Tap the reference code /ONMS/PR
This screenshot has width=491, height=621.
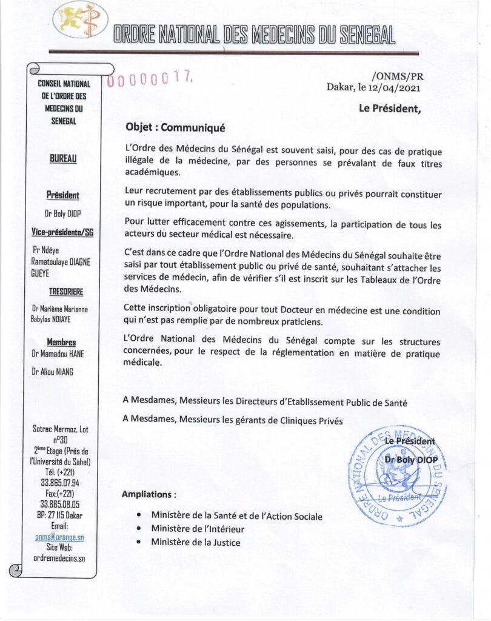(x=397, y=76)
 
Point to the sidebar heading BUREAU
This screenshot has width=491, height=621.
(x=62, y=159)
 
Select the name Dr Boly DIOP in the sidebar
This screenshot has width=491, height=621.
(x=63, y=213)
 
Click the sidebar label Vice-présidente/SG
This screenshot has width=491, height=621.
(x=62, y=232)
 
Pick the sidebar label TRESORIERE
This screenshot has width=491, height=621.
(x=63, y=290)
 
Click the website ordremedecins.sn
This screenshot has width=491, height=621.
(x=59, y=557)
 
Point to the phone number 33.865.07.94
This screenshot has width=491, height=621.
(x=59, y=483)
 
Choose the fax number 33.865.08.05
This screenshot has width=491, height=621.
(x=59, y=504)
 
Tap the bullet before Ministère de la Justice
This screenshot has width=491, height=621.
(x=139, y=542)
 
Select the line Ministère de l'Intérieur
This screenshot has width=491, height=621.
(x=198, y=529)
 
